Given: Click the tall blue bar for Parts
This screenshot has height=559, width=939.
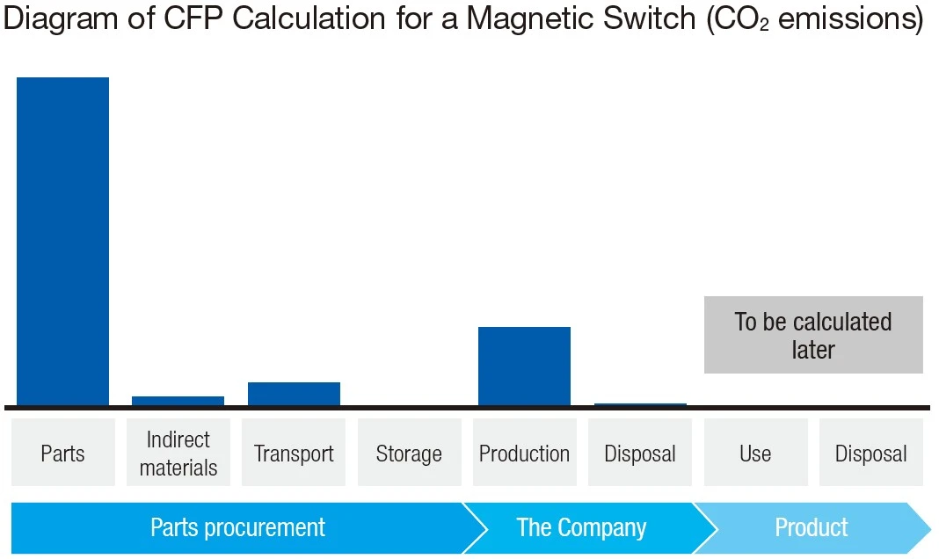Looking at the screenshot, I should tap(62, 242).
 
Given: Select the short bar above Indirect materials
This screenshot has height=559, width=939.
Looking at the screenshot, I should tap(178, 401).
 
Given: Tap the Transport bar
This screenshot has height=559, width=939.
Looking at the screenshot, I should tap(294, 394).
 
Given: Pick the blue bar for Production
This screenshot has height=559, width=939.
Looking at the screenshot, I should tap(524, 367).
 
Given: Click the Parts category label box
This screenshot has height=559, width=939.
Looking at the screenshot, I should tap(62, 454).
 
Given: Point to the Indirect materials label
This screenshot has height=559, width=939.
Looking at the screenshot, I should tap(178, 454).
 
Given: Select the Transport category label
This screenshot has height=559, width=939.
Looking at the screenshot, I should tap(294, 454).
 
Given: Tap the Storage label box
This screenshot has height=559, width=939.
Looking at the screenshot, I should tap(409, 454).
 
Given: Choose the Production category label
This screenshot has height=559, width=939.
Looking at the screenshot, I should tap(524, 454).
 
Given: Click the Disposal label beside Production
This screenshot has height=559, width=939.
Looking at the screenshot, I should tap(639, 454).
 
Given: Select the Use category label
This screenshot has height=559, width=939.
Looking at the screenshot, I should tap(755, 454).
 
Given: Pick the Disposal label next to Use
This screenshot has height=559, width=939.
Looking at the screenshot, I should tap(870, 454).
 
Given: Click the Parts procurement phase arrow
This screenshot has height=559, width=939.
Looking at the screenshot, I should tap(237, 528).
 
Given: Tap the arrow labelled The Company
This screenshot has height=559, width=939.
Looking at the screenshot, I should tap(581, 528).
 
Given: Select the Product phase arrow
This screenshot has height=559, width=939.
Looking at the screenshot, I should tap(812, 528).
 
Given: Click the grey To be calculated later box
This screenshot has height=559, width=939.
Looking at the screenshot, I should tap(813, 335).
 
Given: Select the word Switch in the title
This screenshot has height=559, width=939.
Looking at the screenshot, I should tap(650, 20).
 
